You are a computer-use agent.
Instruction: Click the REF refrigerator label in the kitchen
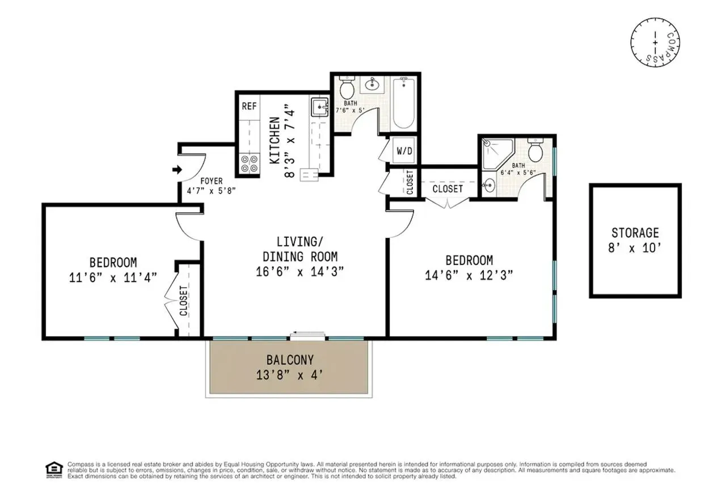tap(249, 106)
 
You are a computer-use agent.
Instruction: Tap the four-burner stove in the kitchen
tap(249, 163)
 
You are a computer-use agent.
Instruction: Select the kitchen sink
tap(319, 107)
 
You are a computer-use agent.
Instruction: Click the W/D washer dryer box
tap(404, 152)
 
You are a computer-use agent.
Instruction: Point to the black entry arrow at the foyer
tap(176, 169)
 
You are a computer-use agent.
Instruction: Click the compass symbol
tap(655, 41)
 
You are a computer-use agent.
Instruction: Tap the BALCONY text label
tap(290, 360)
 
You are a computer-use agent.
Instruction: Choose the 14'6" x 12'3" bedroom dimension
tap(469, 275)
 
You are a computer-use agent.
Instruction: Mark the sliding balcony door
tap(308, 336)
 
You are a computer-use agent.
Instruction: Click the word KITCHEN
tap(275, 140)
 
